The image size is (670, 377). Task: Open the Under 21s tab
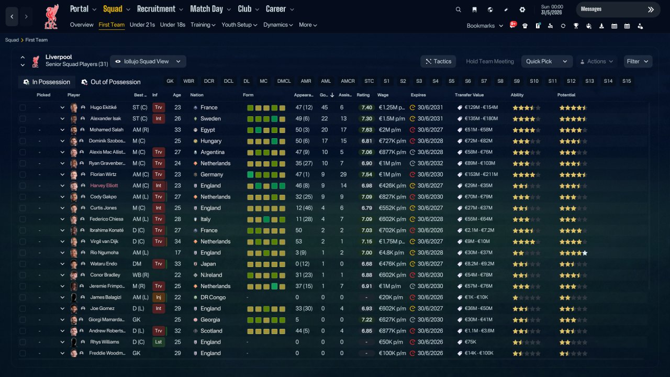[142, 25]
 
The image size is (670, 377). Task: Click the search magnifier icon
[458, 9]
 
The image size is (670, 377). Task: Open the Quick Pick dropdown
[546, 61]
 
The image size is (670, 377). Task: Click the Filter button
[638, 61]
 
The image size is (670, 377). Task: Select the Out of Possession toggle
[111, 82]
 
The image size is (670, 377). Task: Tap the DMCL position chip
[284, 81]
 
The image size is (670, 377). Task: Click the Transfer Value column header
[469, 95]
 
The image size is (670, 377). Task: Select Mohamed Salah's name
[106, 130]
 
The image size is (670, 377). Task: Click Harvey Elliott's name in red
[104, 185]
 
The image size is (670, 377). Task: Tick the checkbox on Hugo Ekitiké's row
[23, 107]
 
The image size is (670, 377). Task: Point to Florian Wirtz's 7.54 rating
[366, 174]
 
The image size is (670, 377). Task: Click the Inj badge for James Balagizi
[159, 297]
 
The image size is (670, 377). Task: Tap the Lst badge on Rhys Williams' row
[159, 342]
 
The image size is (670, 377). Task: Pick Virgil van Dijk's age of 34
[177, 241]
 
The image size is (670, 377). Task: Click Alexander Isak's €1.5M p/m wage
[392, 119]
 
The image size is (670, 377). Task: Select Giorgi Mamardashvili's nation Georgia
[210, 320]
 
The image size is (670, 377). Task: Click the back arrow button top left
[12, 17]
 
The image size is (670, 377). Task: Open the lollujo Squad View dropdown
[148, 61]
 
